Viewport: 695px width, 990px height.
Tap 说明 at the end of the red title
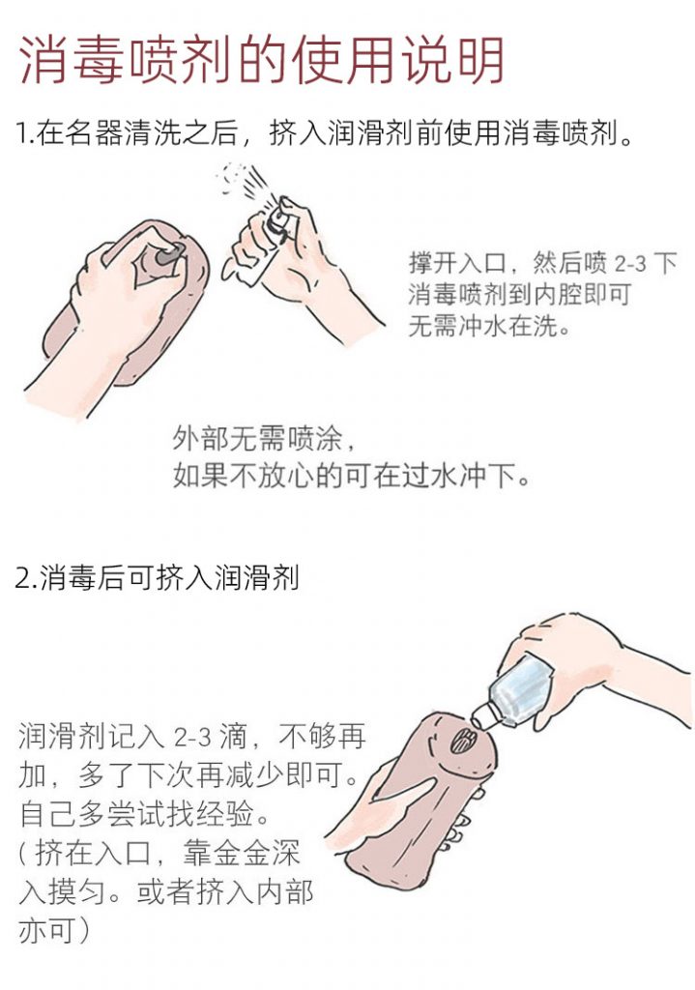coord(452,60)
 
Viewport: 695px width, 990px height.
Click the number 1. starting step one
coord(23,133)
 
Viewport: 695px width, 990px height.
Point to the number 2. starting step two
coord(25,578)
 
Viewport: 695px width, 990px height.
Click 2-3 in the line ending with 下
coord(631,263)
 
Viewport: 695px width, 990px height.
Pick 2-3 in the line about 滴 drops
coord(192,738)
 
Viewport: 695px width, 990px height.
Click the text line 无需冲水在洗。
coord(488,326)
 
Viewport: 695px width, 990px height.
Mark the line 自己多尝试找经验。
coord(145,815)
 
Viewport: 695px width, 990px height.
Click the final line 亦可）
coord(54,931)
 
